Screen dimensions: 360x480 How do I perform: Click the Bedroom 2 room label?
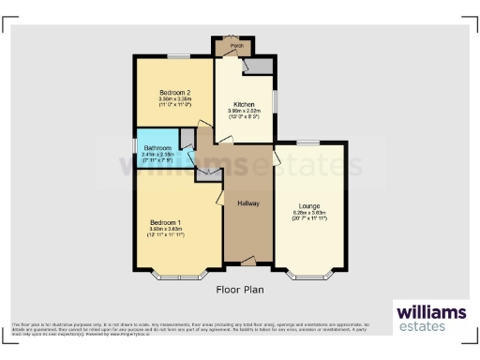(x=175, y=93)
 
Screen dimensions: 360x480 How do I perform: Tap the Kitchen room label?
(x=244, y=104)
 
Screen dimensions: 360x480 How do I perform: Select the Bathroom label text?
(x=157, y=148)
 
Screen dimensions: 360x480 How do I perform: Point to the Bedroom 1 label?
(x=166, y=221)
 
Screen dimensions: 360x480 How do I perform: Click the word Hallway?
(x=247, y=203)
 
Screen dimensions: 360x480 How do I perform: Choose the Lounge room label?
(x=308, y=205)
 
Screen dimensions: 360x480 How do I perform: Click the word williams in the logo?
(x=430, y=312)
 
